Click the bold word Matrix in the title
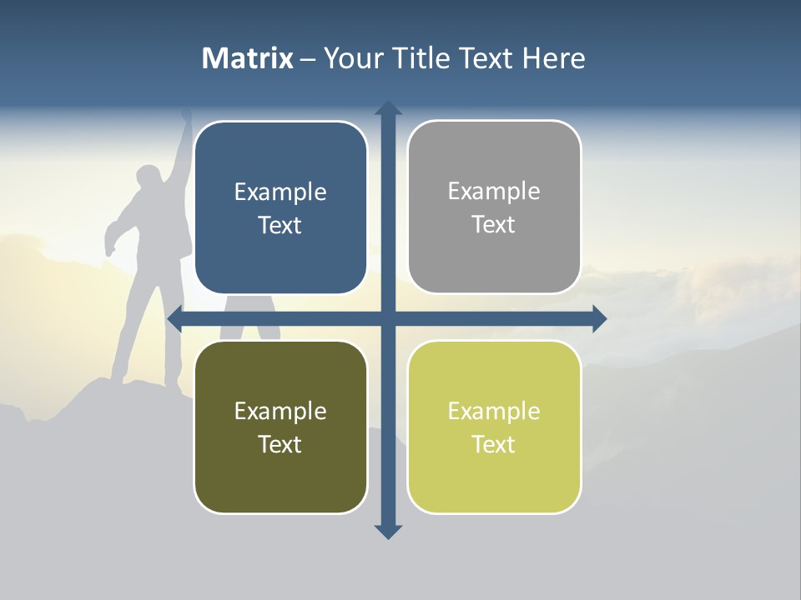click(x=248, y=58)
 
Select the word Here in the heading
click(x=553, y=58)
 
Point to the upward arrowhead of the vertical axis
click(x=388, y=108)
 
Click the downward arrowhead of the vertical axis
click(x=388, y=531)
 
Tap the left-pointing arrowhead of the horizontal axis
click(x=175, y=318)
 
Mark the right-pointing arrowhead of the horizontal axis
click(x=599, y=318)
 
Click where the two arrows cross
click(x=388, y=318)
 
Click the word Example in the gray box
click(x=494, y=192)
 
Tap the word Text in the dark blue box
click(x=280, y=226)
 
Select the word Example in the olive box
click(x=280, y=411)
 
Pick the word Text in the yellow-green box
click(x=493, y=444)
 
